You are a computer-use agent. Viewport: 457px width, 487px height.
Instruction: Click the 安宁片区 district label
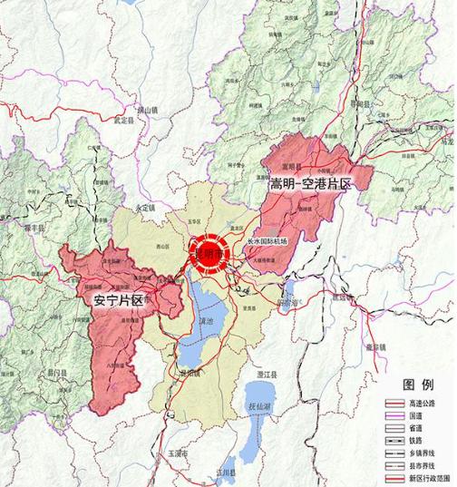[x=119, y=299]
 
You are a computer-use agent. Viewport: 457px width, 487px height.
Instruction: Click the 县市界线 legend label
[x=421, y=464]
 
